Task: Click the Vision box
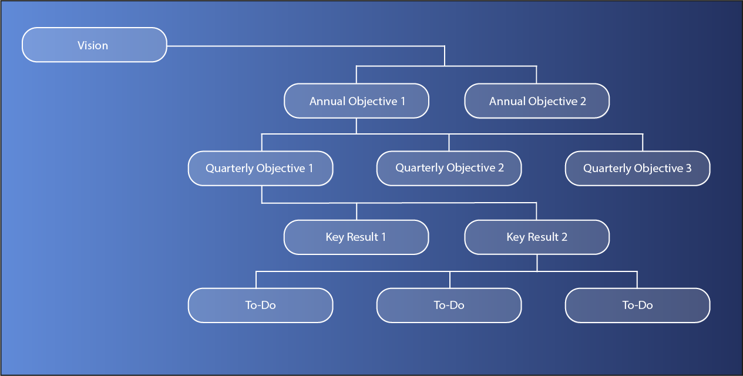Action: point(95,45)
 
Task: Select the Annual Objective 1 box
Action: point(357,101)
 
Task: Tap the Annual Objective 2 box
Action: point(537,101)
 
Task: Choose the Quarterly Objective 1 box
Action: point(260,168)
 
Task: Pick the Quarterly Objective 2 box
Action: point(449,168)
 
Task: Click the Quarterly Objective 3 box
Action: point(637,168)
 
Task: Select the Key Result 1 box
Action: point(357,237)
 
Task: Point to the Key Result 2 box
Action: point(537,237)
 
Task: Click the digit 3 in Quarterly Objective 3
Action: point(688,168)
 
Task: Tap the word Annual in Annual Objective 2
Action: point(507,101)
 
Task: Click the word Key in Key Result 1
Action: point(335,237)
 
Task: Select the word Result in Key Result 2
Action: point(543,237)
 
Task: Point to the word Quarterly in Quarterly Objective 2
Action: point(419,168)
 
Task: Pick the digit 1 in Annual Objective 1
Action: point(403,101)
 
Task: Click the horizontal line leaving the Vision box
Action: point(305,46)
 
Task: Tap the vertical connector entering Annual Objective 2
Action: point(536,75)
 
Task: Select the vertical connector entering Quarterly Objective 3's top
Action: point(643,142)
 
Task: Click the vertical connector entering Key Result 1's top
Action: point(357,211)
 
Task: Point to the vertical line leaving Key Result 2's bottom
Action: point(537,263)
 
